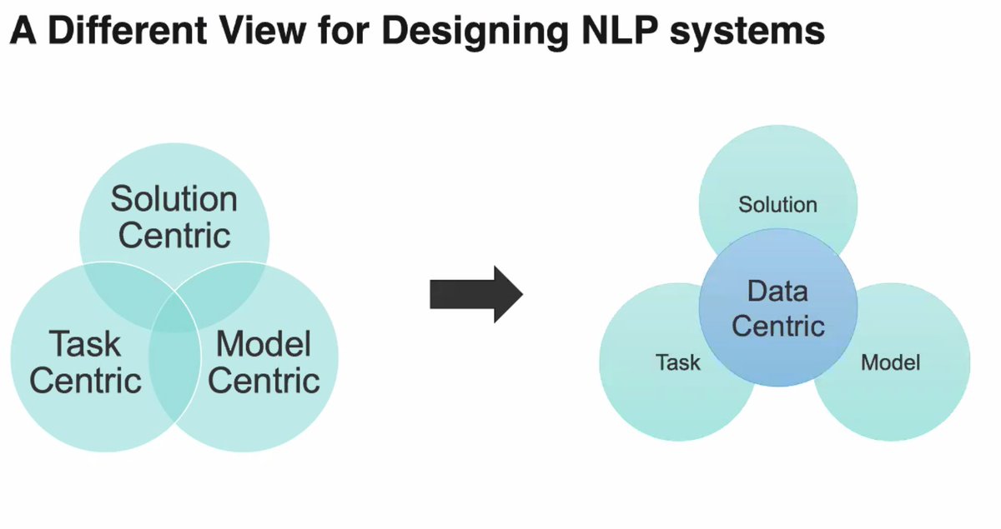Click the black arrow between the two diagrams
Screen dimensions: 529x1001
point(475,293)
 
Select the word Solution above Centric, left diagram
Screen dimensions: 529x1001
point(174,200)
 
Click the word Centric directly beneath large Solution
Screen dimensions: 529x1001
point(174,235)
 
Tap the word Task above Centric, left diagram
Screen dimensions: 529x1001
point(85,344)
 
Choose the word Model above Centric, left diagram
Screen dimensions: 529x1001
point(264,344)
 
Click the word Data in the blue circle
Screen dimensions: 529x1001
point(777,292)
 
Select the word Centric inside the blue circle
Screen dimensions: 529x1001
point(777,325)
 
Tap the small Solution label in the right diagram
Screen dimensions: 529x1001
point(777,205)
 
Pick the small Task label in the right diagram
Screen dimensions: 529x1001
point(678,362)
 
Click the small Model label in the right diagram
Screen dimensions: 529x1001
point(890,362)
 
